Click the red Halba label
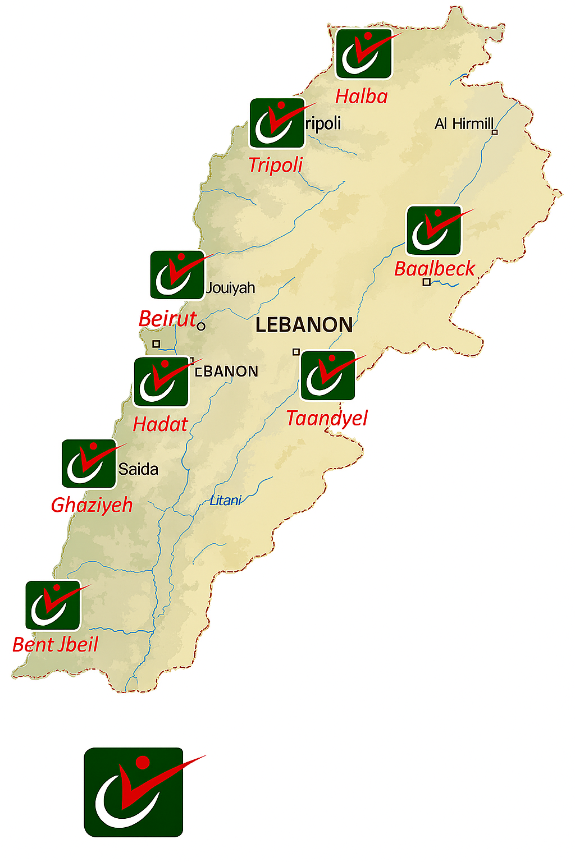point(362,97)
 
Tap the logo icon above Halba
point(363,54)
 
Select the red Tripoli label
point(275,165)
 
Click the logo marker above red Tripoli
point(277,123)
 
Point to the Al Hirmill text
point(464,123)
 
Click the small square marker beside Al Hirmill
point(495,132)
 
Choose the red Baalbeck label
point(435,269)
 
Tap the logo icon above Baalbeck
point(433,231)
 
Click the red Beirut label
point(167,319)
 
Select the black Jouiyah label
point(230,288)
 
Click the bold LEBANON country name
point(304,325)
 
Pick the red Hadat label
point(160,424)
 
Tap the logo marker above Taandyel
point(328,375)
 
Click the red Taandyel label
point(327,418)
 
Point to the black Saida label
point(138,469)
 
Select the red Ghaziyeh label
point(92,505)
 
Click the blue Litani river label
point(225,501)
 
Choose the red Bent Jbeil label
point(55,645)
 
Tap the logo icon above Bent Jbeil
point(53,606)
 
